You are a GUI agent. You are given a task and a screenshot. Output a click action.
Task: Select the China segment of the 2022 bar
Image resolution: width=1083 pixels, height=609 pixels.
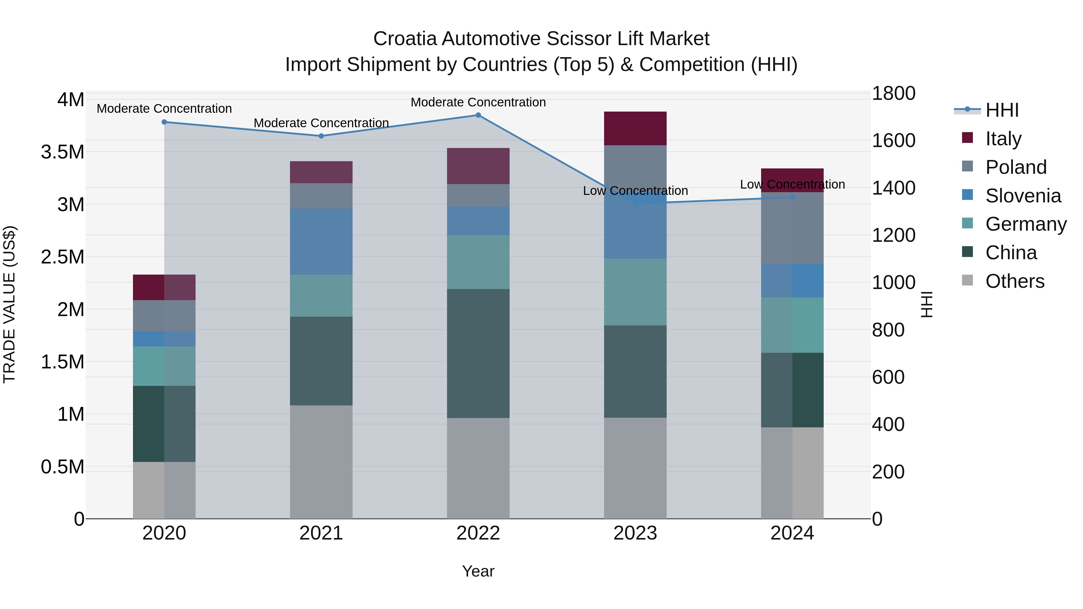coord(478,353)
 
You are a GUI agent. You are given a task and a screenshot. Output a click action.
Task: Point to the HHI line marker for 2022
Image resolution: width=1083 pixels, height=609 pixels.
coord(478,115)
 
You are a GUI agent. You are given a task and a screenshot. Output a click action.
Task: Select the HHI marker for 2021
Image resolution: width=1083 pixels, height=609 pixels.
coord(321,136)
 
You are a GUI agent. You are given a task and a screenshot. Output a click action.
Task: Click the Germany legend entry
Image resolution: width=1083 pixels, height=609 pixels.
coord(1026,224)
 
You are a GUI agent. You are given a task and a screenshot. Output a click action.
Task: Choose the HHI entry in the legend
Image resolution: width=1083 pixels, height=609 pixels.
coord(1002,110)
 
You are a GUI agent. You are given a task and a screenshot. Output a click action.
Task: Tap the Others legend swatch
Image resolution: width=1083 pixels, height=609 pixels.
coord(967,280)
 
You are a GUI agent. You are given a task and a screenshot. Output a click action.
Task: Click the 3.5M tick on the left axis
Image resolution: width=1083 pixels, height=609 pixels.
coord(63,152)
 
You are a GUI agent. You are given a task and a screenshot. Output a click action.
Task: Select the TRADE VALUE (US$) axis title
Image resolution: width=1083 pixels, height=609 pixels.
coord(9,304)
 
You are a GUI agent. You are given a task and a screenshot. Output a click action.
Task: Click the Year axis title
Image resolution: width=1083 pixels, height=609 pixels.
coord(478,571)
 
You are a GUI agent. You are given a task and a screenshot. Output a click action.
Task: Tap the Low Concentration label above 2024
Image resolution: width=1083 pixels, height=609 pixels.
coord(792,185)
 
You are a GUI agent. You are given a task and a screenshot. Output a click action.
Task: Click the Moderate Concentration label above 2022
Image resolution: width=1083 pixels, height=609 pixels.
coord(478,102)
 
